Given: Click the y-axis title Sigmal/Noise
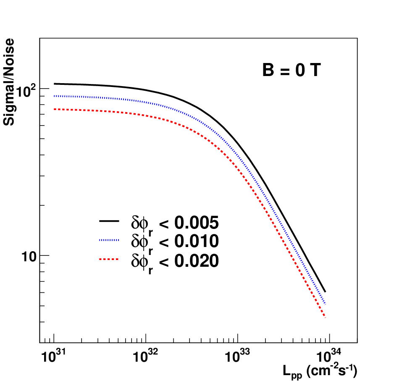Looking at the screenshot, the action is click(x=9, y=82).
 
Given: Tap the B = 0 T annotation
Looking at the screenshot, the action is click(x=292, y=70).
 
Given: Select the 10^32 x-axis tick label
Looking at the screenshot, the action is click(x=145, y=356).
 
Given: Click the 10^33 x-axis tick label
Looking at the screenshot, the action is click(x=237, y=356).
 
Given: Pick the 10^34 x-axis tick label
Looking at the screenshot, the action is click(x=329, y=356).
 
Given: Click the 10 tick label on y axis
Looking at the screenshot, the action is click(x=29, y=257).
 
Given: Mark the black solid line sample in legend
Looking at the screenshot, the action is click(x=109, y=221).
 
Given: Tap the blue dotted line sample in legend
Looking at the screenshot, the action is click(x=109, y=240).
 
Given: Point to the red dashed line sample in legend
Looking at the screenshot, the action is click(x=109, y=259).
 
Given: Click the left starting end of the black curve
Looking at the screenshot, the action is click(x=54, y=84).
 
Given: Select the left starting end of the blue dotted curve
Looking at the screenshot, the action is click(x=54, y=96).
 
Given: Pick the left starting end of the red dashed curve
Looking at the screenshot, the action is click(x=54, y=109).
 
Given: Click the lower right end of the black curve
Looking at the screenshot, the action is click(x=325, y=292).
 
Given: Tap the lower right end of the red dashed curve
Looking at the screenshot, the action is click(x=325, y=317).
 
